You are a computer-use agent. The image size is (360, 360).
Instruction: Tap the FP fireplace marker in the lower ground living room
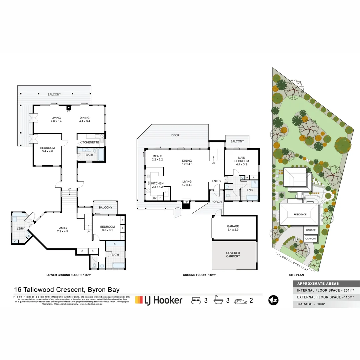69,108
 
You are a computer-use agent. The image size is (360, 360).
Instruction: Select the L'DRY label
21,229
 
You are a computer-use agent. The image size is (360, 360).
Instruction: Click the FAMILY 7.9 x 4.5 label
63,230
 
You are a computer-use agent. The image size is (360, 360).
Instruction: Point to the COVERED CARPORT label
233,255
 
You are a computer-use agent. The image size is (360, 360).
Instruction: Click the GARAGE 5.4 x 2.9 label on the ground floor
233,228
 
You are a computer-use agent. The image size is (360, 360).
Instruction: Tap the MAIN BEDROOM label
242,160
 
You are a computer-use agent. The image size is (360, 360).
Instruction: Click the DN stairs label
213,163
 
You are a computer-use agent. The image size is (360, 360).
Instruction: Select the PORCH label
217,202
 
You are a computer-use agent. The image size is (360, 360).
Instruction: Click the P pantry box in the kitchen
166,192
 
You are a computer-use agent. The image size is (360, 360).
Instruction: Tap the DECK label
175,135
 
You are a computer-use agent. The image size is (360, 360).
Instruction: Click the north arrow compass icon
273,300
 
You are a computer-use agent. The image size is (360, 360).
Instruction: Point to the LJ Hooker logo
159,300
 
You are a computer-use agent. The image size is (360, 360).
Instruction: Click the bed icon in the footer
196,300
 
